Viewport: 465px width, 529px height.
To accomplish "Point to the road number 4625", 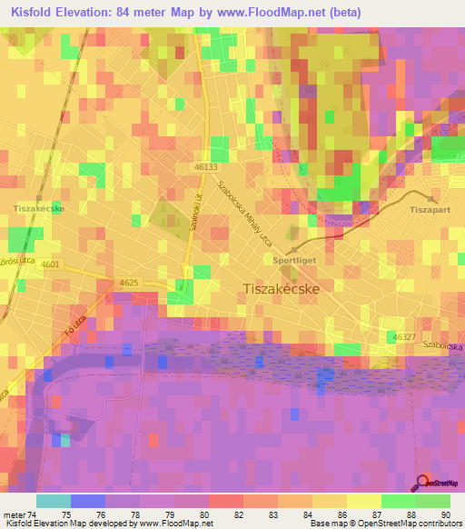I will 129,283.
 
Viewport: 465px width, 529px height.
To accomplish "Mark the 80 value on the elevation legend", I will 208,514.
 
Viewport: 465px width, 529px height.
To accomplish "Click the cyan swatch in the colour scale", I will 53,501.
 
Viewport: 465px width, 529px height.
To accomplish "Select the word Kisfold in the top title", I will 33,13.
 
